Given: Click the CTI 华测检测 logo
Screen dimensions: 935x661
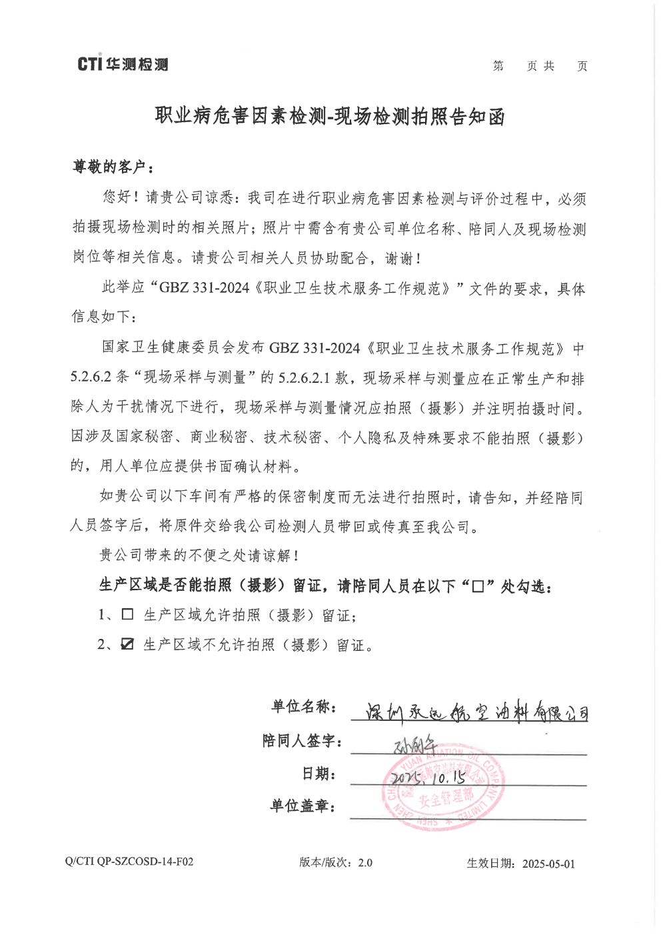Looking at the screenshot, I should point(123,64).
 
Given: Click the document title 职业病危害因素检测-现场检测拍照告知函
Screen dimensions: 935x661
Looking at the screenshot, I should point(330,116).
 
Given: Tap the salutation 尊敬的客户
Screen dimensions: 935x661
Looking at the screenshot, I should point(113,167).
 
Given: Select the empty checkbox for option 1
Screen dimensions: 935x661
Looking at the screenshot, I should point(127,614).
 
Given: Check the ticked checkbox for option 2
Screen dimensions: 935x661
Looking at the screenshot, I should point(127,644).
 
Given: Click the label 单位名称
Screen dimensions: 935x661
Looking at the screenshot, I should point(303,707).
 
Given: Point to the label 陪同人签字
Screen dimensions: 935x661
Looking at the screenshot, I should point(302,741).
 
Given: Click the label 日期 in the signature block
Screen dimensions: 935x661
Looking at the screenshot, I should point(319,774).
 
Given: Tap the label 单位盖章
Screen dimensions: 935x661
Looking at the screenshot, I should point(303,806).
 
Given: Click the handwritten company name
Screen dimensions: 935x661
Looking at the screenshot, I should point(476,712).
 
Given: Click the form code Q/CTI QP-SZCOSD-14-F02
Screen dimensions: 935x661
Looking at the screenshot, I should point(129,862).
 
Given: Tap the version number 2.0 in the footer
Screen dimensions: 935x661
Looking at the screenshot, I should point(365,862).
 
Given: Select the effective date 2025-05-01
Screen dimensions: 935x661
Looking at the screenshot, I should point(548,864).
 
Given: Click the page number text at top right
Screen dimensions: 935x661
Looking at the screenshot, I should point(540,66).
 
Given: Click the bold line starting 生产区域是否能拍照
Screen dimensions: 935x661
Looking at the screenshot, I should point(325,586).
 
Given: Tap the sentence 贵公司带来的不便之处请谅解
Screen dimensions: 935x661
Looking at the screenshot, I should point(199,555).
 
